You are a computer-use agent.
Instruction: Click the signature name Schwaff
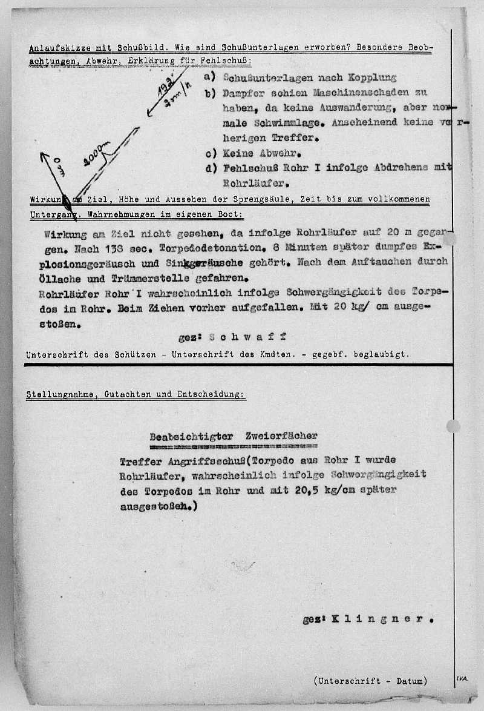247,337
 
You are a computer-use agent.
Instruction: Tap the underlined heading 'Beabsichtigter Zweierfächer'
233,436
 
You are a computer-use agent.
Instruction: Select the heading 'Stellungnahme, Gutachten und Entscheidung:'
136,394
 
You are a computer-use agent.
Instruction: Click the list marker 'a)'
210,77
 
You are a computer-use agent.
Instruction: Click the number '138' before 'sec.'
103,248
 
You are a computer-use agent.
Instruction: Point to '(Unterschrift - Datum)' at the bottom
370,681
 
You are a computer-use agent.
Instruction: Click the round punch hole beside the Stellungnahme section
453,426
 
